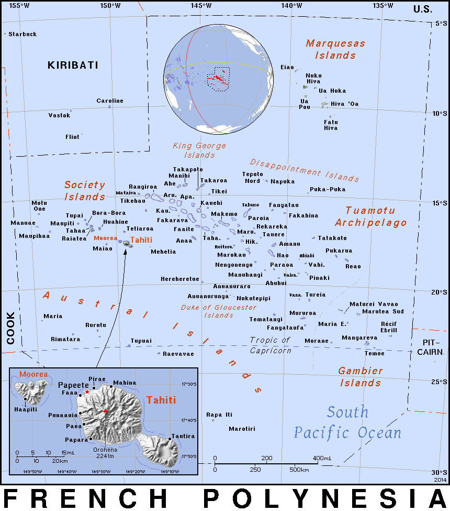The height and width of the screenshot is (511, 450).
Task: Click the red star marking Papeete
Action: (87, 392)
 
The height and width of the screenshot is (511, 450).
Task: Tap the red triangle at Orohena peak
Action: (105, 411)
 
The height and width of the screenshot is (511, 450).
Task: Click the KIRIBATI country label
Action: (73, 65)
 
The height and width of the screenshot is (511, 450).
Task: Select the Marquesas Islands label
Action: (335, 49)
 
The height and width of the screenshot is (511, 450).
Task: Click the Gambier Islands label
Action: (360, 377)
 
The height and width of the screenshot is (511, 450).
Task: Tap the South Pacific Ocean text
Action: (347, 422)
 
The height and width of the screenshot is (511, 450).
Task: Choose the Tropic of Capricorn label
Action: (270, 345)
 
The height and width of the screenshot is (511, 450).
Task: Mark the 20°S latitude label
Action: (440, 292)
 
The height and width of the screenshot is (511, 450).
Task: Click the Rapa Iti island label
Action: (219, 415)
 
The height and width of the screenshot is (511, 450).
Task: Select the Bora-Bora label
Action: (109, 213)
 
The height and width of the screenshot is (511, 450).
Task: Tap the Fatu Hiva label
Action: (331, 125)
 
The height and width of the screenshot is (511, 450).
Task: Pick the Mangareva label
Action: (359, 338)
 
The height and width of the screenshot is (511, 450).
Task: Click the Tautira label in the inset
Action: (183, 436)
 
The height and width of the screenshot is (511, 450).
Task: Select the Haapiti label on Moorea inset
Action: (26, 409)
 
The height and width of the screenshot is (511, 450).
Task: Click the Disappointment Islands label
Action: (304, 170)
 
